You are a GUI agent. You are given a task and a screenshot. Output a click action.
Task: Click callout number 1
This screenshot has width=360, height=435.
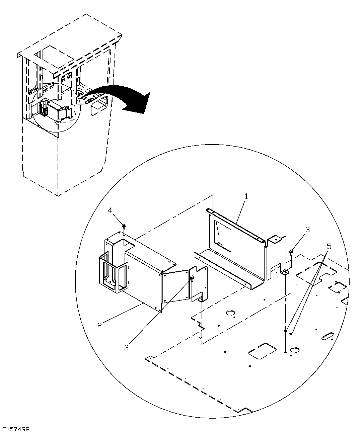[x=246, y=196]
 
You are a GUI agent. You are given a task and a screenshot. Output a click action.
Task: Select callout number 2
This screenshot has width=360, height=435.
[x=99, y=325]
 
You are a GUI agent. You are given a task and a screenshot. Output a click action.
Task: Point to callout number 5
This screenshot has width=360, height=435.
[x=329, y=247]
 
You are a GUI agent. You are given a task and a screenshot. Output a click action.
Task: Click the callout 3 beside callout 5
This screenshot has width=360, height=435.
[x=307, y=230]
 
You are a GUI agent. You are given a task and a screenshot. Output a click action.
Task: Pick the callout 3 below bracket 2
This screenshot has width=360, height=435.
[x=126, y=348]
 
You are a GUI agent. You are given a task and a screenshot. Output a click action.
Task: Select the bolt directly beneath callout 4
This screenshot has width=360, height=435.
[x=124, y=227]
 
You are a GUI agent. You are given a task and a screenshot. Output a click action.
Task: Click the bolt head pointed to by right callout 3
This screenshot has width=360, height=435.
[x=291, y=251]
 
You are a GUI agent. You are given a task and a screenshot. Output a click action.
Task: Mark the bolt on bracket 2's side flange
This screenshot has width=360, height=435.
[x=192, y=278]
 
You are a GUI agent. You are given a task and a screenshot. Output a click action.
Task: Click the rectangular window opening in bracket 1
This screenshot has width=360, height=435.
[x=223, y=234]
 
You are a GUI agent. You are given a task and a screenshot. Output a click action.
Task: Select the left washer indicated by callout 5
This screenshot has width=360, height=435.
[x=286, y=331]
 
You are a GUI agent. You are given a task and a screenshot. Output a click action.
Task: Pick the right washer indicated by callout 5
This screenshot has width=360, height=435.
[x=292, y=333]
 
